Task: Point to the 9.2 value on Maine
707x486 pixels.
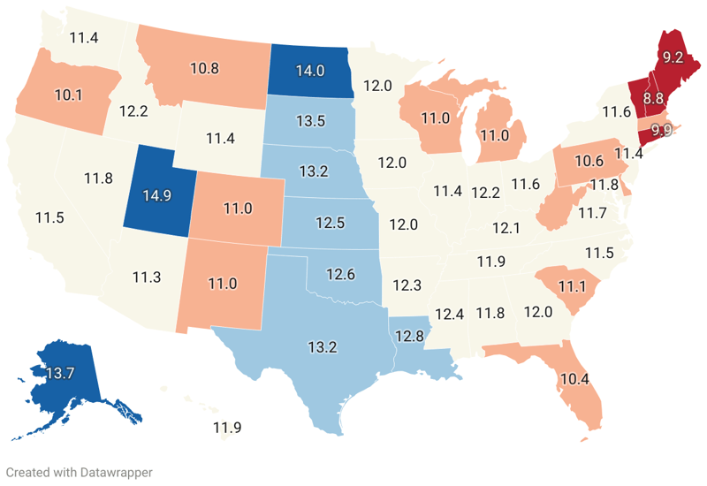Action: coord(673,57)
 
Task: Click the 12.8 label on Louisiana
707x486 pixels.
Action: coord(410,336)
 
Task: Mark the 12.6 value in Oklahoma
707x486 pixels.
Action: coord(339,275)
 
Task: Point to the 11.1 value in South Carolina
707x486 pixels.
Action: coord(573,285)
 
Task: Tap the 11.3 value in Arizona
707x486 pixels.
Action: coord(147,277)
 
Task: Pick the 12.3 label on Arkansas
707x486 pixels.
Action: coord(407,285)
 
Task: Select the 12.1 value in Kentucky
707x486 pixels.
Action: coord(506,228)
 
